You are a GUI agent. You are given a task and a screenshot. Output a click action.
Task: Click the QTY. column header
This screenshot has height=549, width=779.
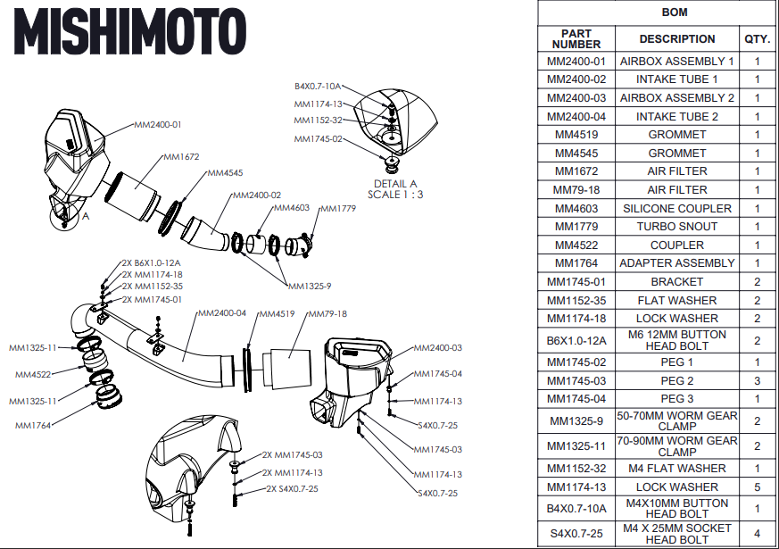(757, 39)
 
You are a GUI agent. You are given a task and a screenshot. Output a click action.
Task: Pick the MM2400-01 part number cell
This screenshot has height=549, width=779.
(576, 62)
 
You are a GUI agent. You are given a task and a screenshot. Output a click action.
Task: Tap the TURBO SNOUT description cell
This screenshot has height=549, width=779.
(676, 227)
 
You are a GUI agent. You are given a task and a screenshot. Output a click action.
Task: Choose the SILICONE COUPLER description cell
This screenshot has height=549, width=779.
(676, 208)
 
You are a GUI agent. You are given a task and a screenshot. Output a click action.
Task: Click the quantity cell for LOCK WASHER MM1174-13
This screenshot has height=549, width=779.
(757, 487)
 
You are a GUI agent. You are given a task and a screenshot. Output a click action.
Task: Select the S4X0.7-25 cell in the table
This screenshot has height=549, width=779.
(576, 533)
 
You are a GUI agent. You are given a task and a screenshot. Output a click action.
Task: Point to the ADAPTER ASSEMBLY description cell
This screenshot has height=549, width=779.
(676, 263)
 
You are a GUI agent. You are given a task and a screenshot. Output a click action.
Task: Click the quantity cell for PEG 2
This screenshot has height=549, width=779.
(757, 380)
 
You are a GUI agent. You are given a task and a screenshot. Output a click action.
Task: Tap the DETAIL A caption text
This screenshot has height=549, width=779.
(395, 184)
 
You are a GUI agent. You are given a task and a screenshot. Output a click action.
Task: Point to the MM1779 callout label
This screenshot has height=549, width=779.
(336, 208)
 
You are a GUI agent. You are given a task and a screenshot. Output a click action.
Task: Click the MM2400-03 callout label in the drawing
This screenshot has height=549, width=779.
(437, 347)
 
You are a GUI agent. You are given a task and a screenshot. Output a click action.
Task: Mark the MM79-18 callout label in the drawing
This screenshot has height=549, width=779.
(327, 313)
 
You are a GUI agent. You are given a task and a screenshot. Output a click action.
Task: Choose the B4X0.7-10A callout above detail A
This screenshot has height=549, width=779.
(317, 87)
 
